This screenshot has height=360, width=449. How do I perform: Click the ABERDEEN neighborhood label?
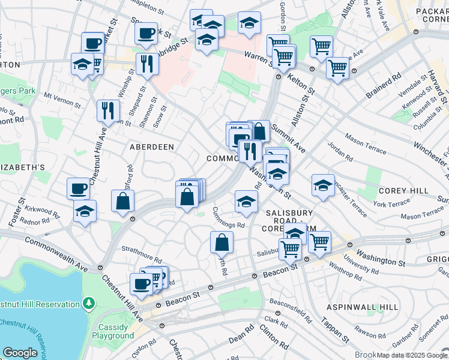[x=152, y=146]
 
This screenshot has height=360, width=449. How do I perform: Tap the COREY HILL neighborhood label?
[x=403, y=190]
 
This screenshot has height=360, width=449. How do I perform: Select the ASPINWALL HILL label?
[x=362, y=307]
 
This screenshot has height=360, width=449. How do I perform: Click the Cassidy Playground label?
[x=113, y=331]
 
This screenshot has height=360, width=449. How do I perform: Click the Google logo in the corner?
[x=20, y=353]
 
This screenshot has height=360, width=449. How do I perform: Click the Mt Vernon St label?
[x=62, y=100]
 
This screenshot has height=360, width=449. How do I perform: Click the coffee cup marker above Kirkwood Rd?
[x=79, y=188]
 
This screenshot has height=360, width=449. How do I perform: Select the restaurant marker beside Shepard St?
[x=147, y=63]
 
